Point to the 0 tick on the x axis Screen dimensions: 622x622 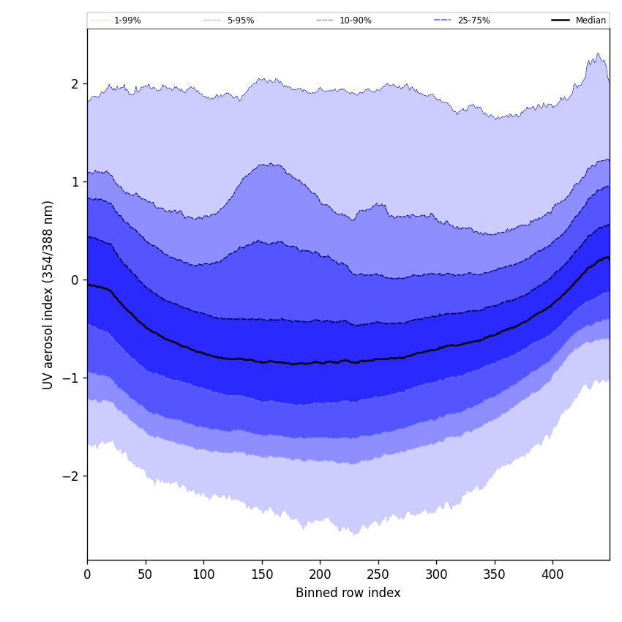pos(87,574)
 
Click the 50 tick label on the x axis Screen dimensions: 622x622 pos(146,574)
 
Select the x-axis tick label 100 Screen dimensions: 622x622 pos(203,574)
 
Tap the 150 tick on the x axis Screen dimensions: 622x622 pos(262,574)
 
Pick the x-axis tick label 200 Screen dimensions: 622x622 pos(320,574)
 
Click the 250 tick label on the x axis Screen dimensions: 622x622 pos(378,574)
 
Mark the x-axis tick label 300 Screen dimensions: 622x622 pos(436,574)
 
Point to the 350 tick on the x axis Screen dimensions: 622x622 pos(495,574)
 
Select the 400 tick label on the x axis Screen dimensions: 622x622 pos(552,574)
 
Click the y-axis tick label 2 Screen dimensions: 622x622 pos(75,84)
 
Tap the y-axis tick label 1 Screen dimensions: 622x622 pos(75,182)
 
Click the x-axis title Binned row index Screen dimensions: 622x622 pos(348,593)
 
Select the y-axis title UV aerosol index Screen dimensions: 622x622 pos(48,294)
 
